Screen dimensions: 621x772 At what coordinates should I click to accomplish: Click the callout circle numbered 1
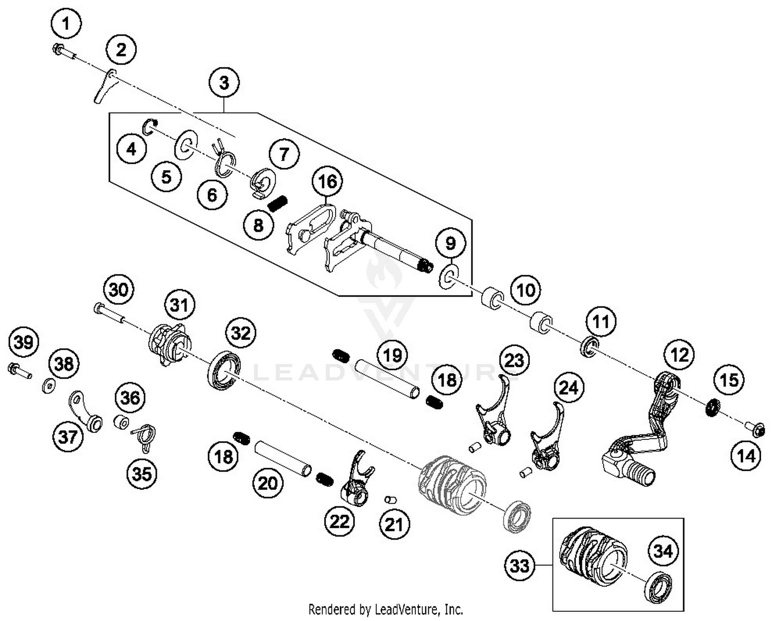coord(65,24)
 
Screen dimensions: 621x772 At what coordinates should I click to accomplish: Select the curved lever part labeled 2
coord(106,86)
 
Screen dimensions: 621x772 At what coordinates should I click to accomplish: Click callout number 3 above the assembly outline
coord(224,82)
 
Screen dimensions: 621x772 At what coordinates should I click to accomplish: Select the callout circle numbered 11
coord(601,322)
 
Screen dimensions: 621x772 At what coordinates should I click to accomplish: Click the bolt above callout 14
coord(755,429)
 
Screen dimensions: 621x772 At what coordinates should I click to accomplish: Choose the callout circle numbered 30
coord(118,290)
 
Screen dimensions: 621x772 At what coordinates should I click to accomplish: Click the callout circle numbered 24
coord(569,387)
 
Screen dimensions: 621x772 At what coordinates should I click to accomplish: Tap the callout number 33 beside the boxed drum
coord(519,565)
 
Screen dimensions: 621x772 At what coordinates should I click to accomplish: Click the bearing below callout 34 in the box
coord(659,587)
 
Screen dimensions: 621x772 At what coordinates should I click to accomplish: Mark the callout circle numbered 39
coord(24,342)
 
